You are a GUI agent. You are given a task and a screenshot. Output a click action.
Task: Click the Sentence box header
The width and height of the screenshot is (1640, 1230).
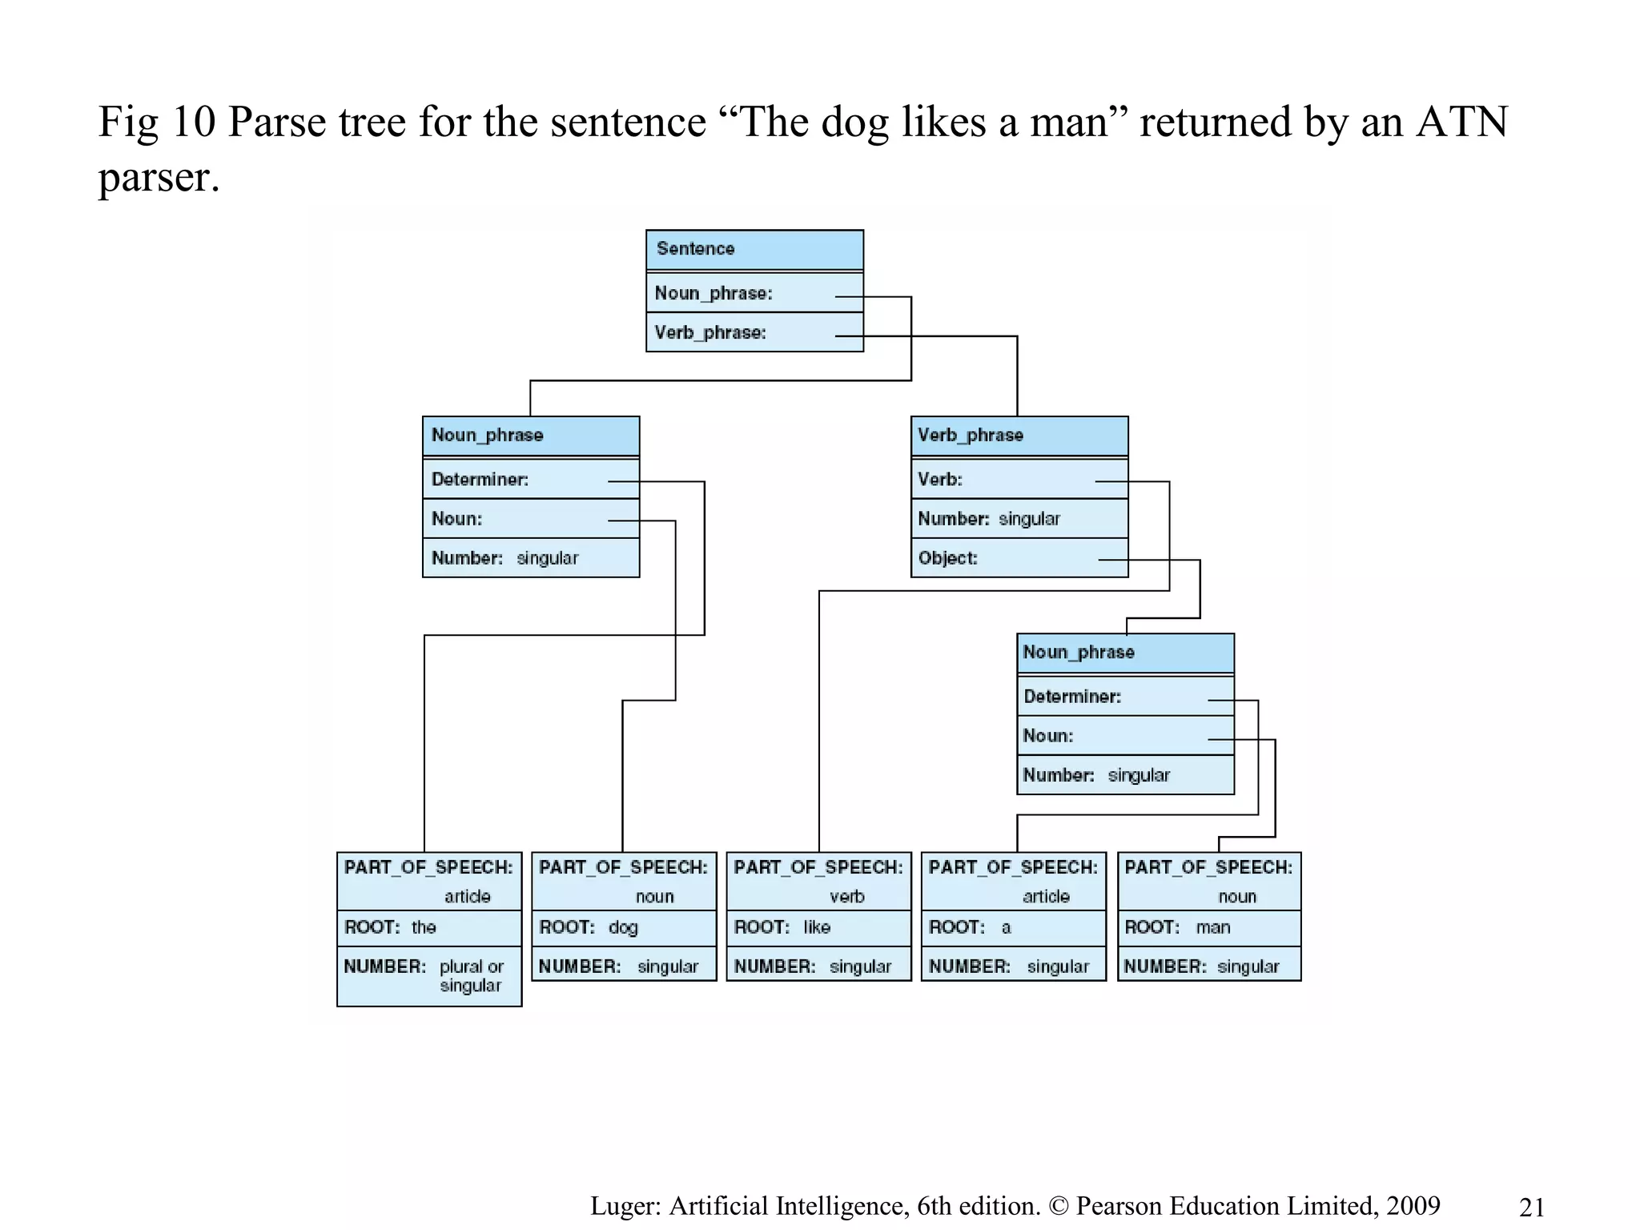(754, 249)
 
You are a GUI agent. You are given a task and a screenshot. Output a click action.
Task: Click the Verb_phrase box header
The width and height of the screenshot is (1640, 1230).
(1019, 436)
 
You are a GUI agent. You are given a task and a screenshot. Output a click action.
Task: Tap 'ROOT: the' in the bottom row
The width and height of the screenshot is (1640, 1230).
(429, 927)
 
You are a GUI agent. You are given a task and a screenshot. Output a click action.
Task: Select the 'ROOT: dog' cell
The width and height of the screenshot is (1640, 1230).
(624, 927)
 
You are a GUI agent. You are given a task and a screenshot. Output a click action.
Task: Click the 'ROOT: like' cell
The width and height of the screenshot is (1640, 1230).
(818, 927)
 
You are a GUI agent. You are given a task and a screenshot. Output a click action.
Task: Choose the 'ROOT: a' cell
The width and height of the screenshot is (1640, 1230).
(1013, 927)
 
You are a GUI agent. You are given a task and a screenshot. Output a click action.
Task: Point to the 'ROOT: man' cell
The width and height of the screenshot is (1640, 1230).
(1209, 927)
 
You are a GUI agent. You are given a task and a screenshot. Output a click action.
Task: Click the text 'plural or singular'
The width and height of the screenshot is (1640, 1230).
(472, 976)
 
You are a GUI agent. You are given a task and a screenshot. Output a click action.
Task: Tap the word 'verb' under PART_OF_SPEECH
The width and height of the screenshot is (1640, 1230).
(847, 897)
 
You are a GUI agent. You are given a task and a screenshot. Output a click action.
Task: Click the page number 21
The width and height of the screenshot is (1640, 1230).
(1531, 1207)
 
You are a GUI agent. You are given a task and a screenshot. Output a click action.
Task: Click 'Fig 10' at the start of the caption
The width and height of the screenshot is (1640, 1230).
(157, 123)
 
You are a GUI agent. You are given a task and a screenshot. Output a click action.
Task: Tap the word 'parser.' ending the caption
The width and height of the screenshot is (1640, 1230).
(159, 177)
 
